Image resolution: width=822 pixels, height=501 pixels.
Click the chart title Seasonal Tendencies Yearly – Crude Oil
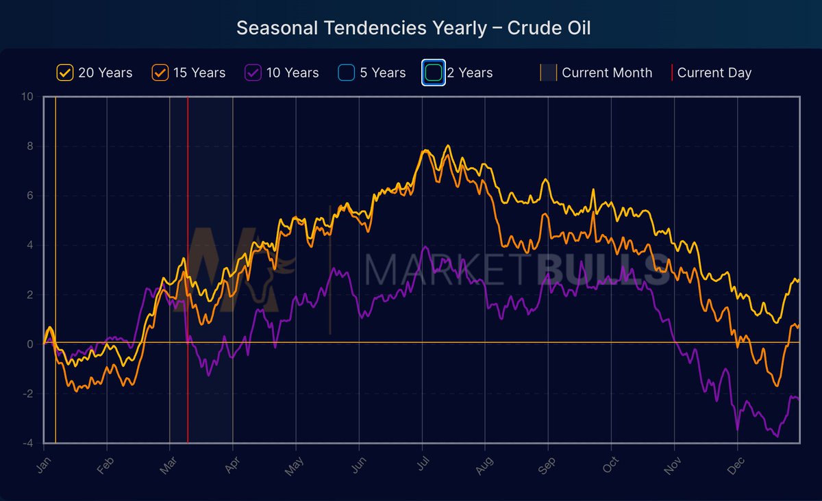pos(413,28)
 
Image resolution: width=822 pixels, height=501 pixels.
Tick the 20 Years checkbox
pos(65,73)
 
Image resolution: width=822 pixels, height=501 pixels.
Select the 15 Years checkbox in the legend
pos(160,73)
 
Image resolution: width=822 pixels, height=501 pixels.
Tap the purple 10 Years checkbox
pos(253,73)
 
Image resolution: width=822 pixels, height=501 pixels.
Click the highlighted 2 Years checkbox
pos(433,73)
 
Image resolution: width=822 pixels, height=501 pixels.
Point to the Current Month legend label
pos(606,73)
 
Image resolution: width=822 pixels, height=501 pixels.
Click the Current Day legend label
pos(714,73)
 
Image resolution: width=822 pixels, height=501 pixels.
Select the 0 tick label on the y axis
pos(30,344)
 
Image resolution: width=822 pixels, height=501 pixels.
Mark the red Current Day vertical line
pos(188,274)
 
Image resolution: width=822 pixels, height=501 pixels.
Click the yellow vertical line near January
pos(55,274)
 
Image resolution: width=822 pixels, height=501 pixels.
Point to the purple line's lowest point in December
pos(777,436)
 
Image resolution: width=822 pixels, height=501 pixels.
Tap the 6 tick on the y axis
pos(30,196)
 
